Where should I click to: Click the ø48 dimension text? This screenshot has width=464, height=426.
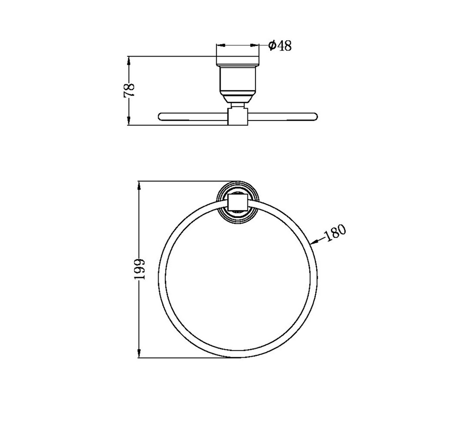[x=280, y=45]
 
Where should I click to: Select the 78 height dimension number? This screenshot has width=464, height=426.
[x=130, y=90]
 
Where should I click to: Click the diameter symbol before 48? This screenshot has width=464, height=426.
[x=272, y=45]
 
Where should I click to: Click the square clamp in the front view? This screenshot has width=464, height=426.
[x=237, y=201]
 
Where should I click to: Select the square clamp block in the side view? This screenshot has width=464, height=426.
[x=237, y=117]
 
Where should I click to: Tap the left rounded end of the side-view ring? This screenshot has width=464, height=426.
[x=161, y=116]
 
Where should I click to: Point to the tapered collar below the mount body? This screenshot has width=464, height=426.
[x=238, y=98]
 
